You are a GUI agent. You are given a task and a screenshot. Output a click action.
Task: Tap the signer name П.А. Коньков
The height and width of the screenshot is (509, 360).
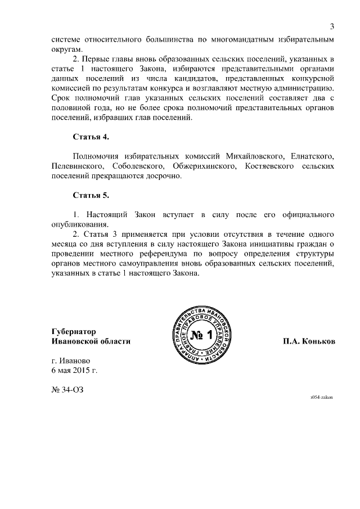pyautogui.click(x=309, y=341)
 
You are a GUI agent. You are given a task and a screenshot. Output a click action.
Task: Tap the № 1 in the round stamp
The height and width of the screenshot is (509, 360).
pyautogui.click(x=200, y=337)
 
